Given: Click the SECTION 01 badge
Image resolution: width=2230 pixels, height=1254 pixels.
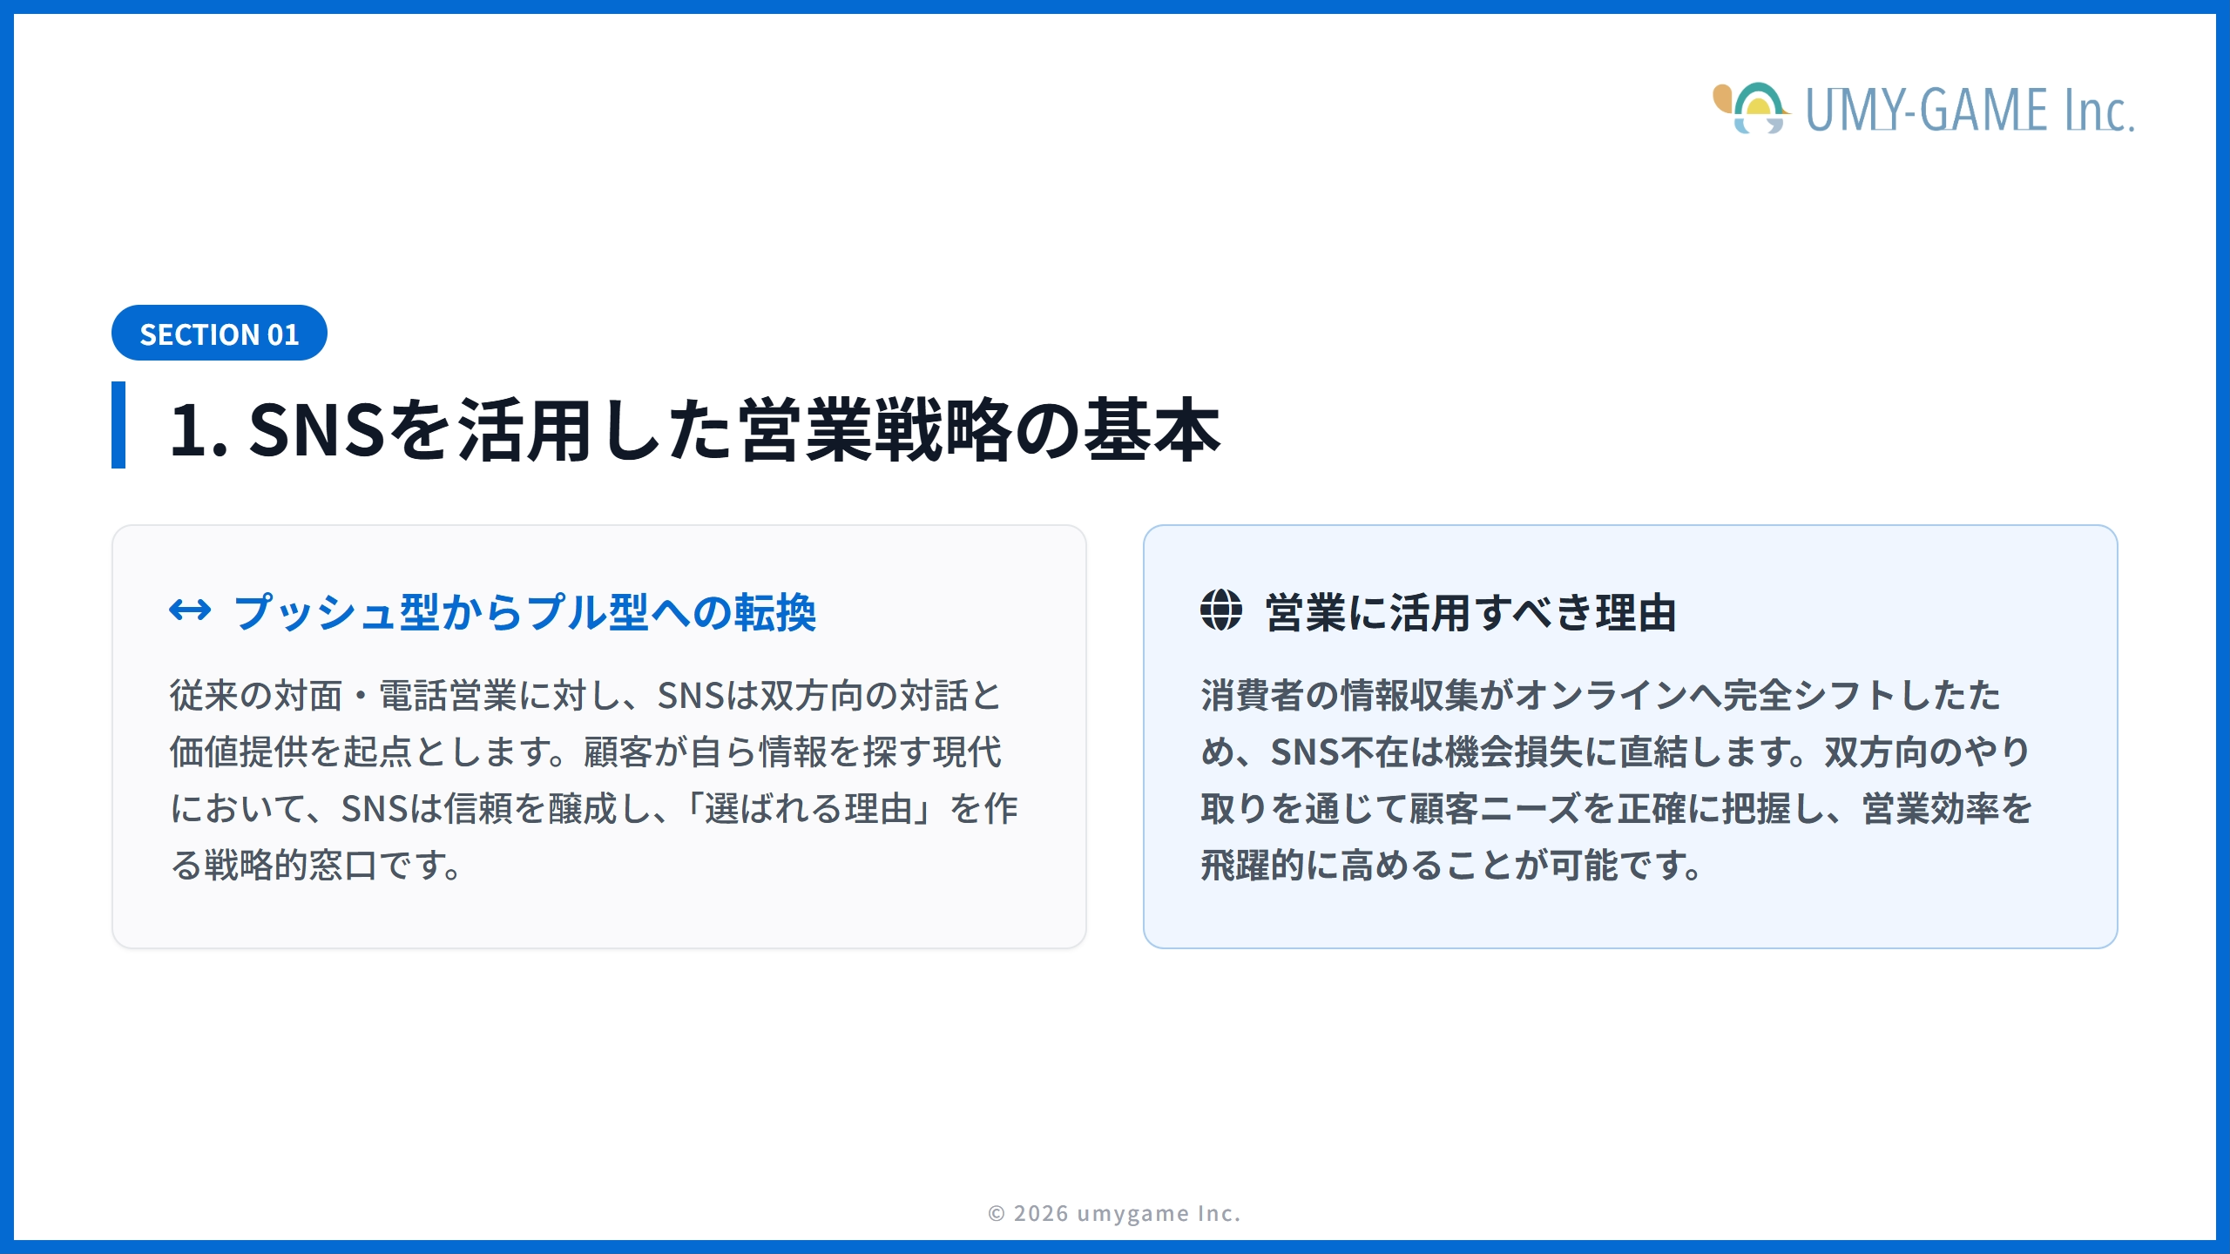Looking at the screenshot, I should tap(219, 334).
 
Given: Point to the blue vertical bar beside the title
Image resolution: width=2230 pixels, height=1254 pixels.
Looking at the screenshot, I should tap(118, 425).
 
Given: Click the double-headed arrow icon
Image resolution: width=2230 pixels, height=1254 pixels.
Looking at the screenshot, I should tap(190, 610).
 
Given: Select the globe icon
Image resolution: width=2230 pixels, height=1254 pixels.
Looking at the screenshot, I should tap(1221, 610).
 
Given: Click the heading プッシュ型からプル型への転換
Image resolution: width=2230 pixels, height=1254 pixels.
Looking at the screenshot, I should tap(524, 612).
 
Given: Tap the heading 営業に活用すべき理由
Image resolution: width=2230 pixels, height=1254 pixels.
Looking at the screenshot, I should tap(1470, 612).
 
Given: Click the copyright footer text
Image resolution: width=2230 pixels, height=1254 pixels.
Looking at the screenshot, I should tap(1114, 1213).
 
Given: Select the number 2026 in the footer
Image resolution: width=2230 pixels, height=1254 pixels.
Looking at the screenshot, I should tap(1041, 1213).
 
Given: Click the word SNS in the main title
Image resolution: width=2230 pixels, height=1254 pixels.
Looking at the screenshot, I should tap(316, 429).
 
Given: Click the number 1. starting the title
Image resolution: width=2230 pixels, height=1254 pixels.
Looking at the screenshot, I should tap(199, 429).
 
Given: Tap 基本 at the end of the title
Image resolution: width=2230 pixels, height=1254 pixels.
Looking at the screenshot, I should tap(1152, 429).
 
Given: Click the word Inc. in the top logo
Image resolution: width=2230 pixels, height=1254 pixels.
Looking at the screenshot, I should tap(2098, 111).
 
